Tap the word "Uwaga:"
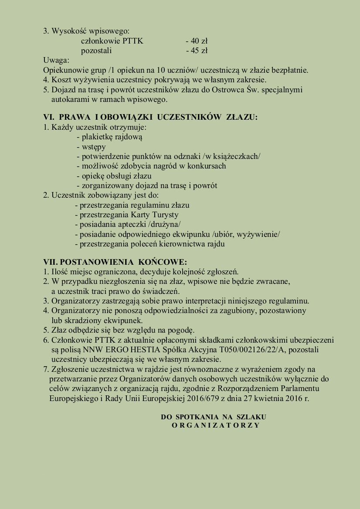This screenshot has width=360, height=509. coord(56,60)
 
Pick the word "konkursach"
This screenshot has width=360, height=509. coord(207,166)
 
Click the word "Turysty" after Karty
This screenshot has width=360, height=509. coord(164,215)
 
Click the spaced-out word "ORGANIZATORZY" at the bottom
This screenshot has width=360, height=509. coord(216,425)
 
